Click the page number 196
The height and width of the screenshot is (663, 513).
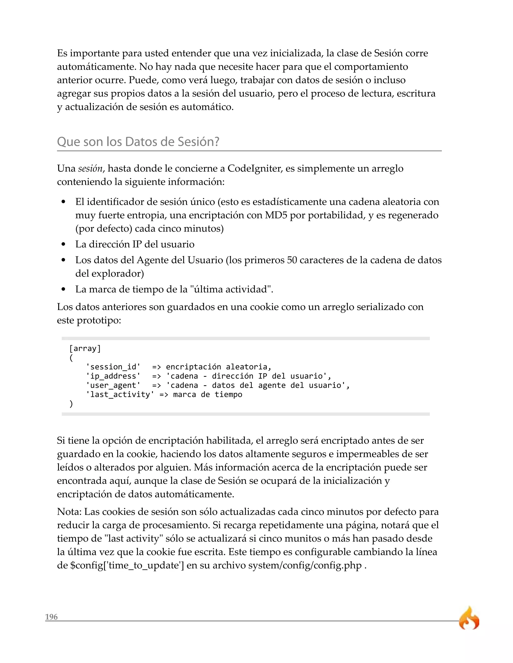click(51, 617)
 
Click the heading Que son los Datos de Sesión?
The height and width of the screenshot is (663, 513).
click(138, 142)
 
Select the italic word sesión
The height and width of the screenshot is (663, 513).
click(90, 168)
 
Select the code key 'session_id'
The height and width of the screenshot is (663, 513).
click(113, 367)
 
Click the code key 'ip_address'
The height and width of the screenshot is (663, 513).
click(113, 376)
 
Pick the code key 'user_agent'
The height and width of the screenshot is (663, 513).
click(113, 385)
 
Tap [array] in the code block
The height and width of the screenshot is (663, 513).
click(85, 348)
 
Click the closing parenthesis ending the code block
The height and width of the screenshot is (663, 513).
click(71, 404)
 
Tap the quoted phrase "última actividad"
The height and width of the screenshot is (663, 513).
click(231, 289)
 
